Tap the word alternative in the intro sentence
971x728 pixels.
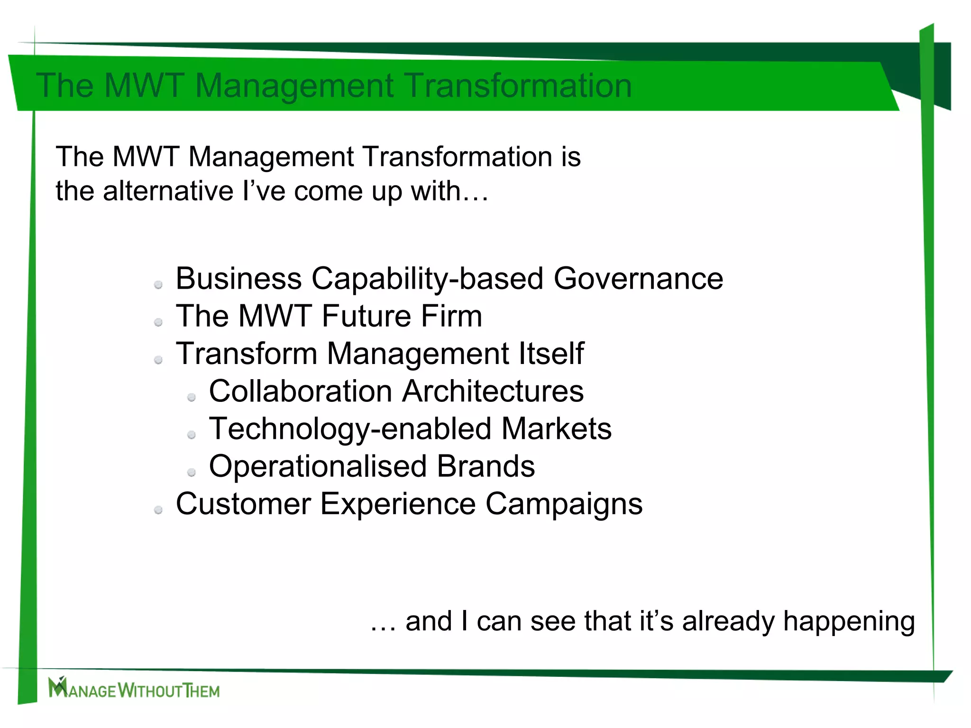click(168, 191)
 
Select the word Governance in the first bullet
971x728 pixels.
click(638, 279)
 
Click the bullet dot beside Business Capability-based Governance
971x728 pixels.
click(158, 285)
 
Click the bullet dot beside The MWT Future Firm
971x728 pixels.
click(158, 322)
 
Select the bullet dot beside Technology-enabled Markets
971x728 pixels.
click(192, 435)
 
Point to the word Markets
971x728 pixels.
click(556, 429)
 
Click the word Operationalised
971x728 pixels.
click(318, 466)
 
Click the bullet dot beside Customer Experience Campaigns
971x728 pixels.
click(158, 510)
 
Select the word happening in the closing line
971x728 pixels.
click(849, 622)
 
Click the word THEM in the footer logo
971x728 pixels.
click(202, 691)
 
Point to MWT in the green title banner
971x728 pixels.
click(144, 86)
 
